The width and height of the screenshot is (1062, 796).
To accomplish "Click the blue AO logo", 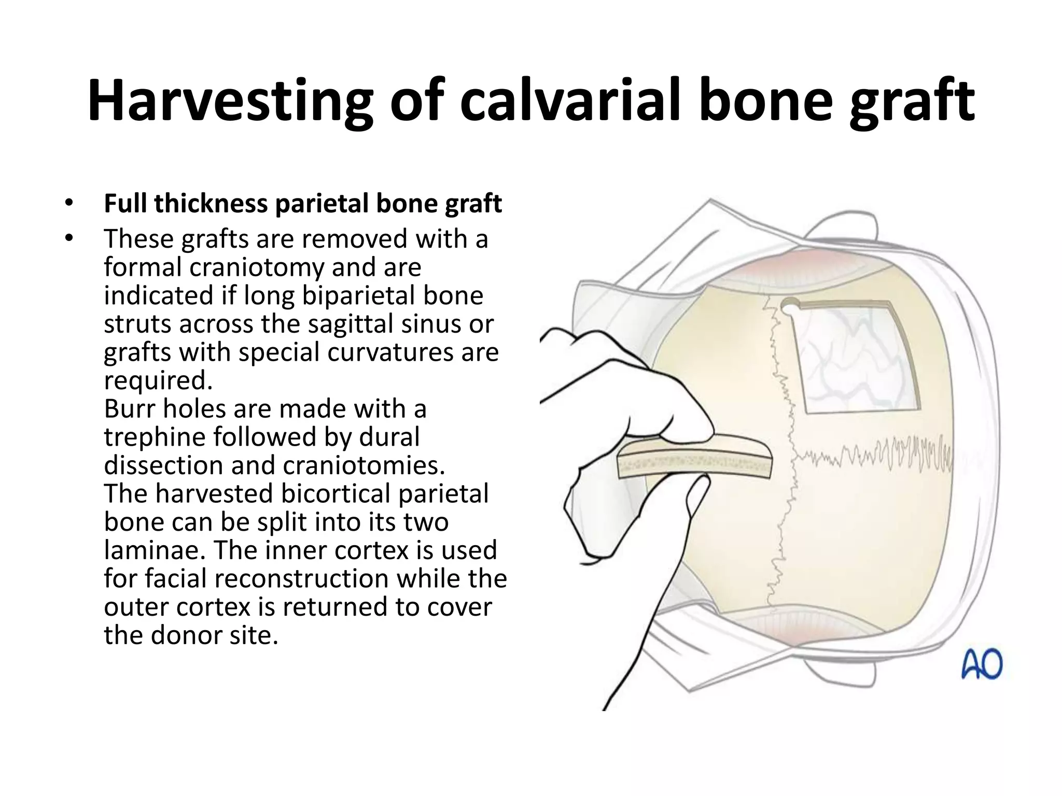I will [x=982, y=665].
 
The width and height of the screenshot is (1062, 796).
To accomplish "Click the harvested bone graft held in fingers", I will [x=695, y=463].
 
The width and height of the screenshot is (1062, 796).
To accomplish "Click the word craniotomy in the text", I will [x=257, y=267].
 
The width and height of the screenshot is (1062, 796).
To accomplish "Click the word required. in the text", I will [x=158, y=381].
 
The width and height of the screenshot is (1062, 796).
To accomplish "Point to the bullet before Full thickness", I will [x=69, y=204].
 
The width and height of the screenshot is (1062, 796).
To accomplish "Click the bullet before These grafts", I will [x=69, y=239].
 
